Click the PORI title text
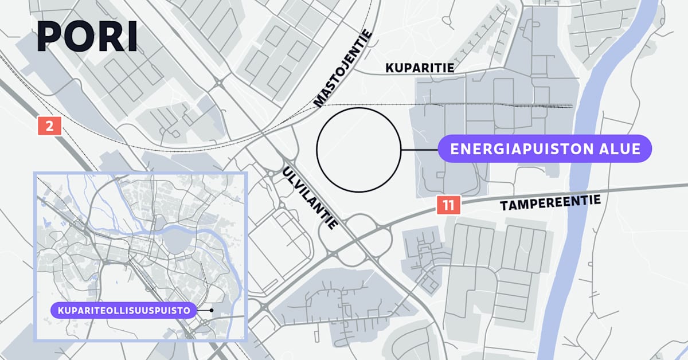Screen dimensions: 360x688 (87, 38)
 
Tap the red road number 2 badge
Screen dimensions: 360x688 (49, 126)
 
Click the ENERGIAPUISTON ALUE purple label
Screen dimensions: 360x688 (545, 149)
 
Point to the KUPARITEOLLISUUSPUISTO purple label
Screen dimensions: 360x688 (123, 310)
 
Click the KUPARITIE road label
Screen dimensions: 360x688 (420, 68)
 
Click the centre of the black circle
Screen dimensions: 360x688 (358, 150)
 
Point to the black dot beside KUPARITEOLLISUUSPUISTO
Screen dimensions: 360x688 (212, 310)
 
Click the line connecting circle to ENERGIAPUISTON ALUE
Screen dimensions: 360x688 (419, 150)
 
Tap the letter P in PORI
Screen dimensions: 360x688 (49, 38)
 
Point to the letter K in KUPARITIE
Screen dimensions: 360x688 (389, 68)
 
